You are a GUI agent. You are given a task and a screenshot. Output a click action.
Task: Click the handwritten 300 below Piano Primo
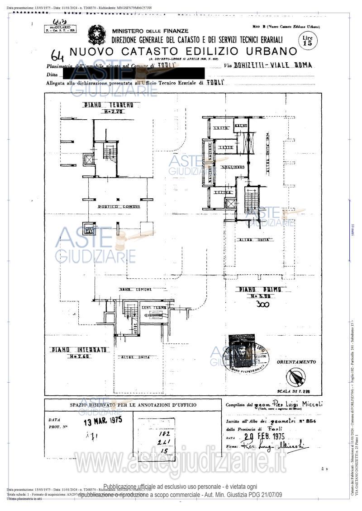point(262,304)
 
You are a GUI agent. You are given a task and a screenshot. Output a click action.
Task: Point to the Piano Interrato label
point(79,349)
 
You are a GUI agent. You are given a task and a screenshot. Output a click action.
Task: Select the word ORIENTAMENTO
point(296,362)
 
